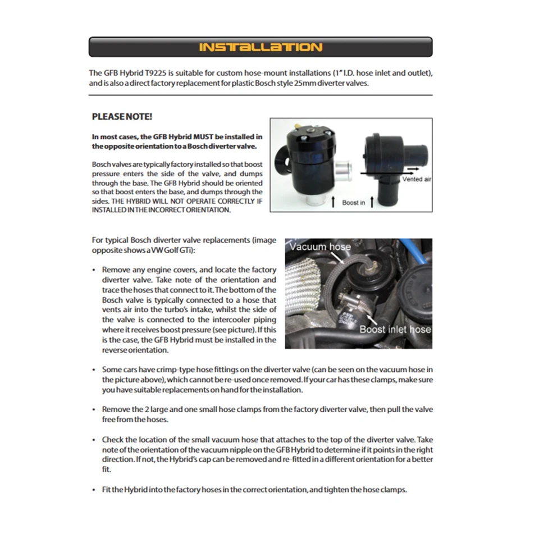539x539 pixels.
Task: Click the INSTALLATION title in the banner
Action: [261, 47]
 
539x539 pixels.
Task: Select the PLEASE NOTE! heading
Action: [122, 116]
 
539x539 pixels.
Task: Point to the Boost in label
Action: [353, 202]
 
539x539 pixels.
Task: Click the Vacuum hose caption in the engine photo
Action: [320, 246]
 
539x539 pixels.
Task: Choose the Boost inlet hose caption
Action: [395, 329]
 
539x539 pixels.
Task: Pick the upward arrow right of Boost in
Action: [372, 201]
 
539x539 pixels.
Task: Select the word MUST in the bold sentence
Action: [201, 136]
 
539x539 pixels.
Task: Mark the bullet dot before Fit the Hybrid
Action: [94, 490]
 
